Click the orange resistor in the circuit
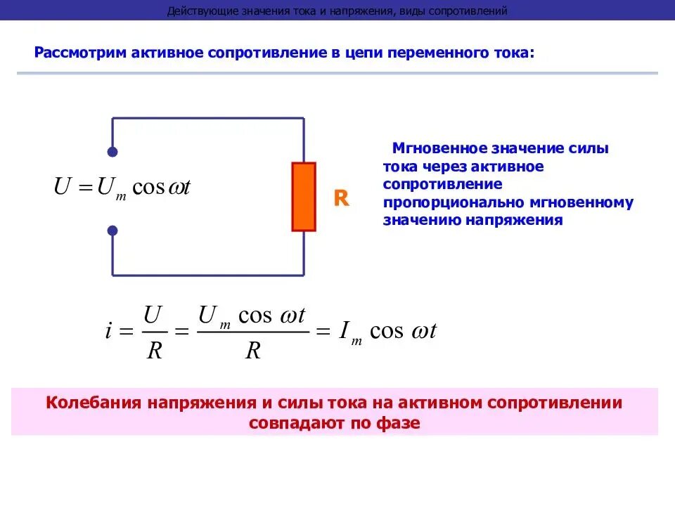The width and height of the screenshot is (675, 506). coord(304,197)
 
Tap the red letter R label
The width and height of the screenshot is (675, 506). coord(341,199)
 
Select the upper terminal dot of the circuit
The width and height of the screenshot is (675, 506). coord(112,152)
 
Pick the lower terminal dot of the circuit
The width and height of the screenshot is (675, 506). coord(112,231)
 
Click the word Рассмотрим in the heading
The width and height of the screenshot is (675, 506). coord(80,53)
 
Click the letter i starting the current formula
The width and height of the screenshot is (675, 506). coord(109,332)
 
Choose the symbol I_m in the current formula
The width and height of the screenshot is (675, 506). coord(349,332)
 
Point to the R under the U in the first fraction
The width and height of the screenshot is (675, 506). coord(154,351)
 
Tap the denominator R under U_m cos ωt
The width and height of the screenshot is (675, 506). coord(252,351)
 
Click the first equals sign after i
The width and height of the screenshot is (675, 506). coord(127,332)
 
